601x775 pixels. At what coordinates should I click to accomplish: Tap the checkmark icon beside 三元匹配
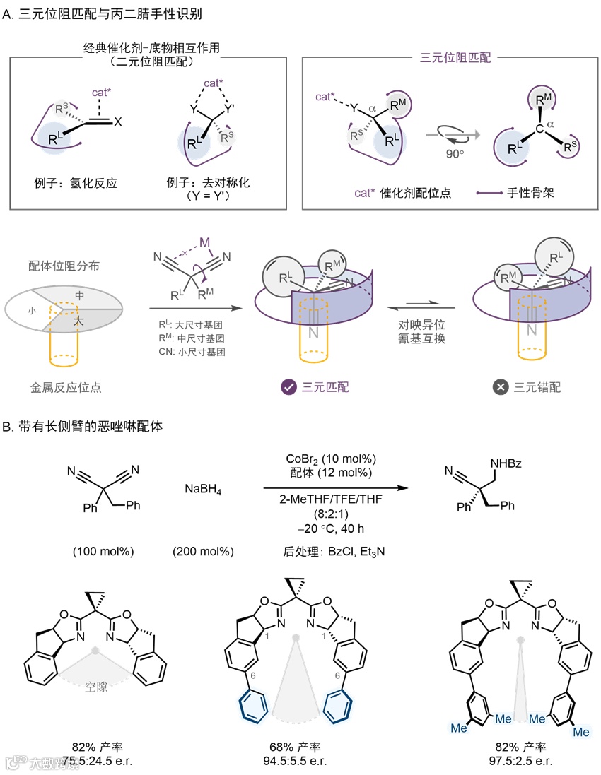pyautogui.click(x=288, y=386)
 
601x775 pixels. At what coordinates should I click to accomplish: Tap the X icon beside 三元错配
pyautogui.click(x=501, y=386)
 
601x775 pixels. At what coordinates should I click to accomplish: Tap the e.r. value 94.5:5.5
pyautogui.click(x=300, y=760)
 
